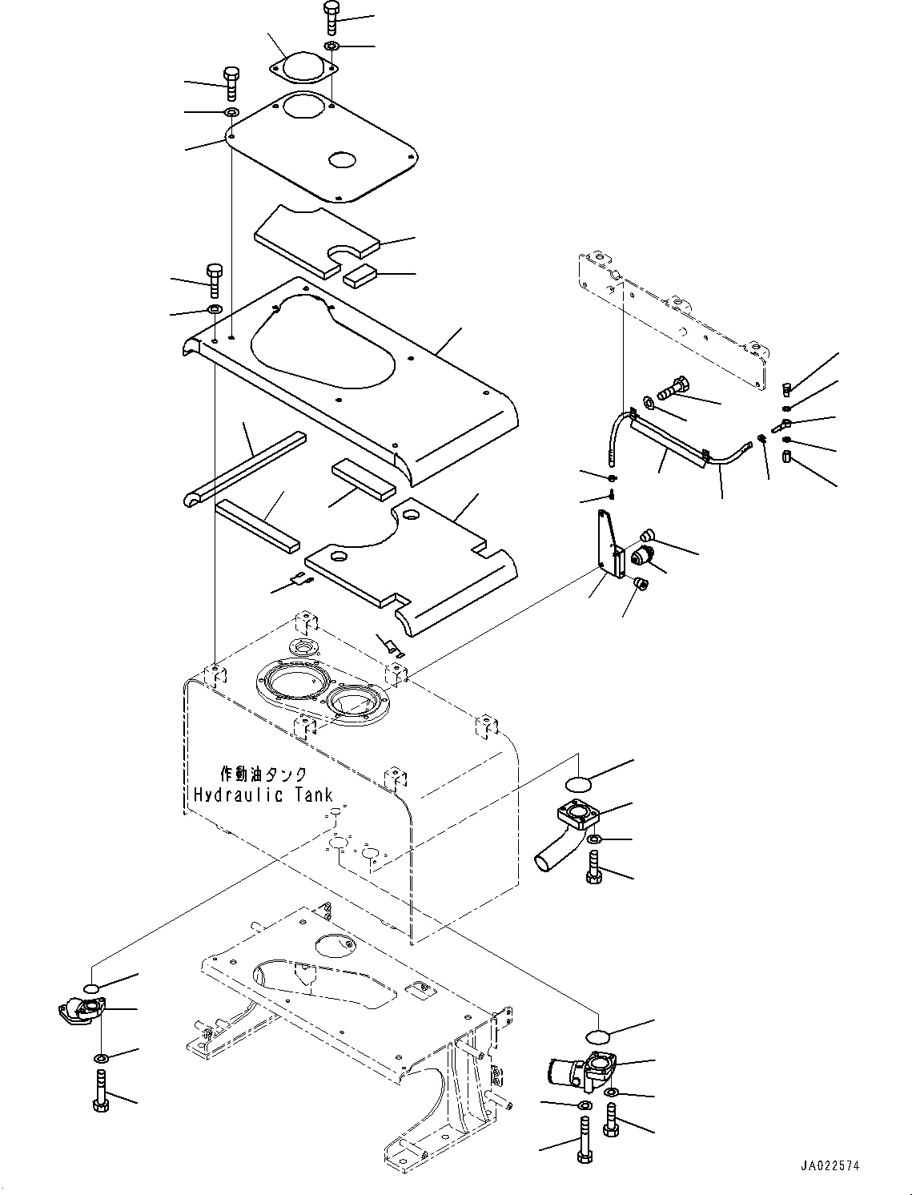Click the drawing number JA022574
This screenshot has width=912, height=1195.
coord(830,1165)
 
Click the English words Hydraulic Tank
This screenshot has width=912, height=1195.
coord(263,795)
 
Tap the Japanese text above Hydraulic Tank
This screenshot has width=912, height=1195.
coord(263,774)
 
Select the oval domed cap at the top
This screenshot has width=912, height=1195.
coord(304,69)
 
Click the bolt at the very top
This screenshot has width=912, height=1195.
coord(331,18)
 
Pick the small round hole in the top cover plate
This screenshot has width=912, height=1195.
coord(341,159)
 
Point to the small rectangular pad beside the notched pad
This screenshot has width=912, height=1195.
coord(360,274)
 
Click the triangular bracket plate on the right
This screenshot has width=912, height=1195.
coord(610,543)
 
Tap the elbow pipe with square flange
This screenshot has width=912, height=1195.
coord(566,841)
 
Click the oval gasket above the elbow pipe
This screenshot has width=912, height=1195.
coord(578,784)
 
